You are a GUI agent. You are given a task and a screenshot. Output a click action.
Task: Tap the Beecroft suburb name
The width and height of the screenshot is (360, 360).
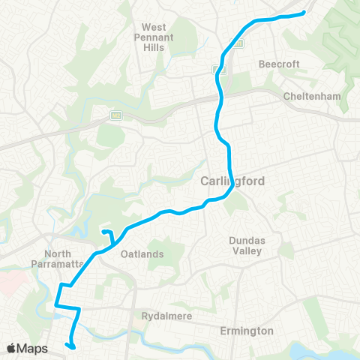coord(279,64)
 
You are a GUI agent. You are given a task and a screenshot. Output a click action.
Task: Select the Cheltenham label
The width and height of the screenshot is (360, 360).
coord(313,97)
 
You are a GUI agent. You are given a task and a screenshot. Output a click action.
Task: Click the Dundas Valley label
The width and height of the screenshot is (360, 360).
coord(246,245)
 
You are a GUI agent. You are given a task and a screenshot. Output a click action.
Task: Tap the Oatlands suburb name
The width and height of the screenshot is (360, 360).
coord(142,254)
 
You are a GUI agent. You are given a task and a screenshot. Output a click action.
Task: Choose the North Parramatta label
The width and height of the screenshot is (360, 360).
coord(68,259)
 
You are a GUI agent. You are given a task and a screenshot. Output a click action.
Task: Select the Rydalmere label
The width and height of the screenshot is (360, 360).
coord(167,316)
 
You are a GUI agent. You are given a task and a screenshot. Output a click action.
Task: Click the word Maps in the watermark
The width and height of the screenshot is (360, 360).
coord(33,348)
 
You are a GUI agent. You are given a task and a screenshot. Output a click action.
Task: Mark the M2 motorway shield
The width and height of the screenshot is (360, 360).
coord(116,115)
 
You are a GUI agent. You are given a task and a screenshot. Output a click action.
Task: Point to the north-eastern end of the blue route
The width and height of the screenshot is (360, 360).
coord(304,12)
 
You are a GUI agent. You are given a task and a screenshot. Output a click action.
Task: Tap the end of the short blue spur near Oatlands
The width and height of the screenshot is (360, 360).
coord(103,232)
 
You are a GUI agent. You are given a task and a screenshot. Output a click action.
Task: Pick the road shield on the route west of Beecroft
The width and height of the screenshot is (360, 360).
coord(219,70)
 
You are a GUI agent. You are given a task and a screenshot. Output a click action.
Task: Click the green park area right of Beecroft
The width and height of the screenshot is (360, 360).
coord(337,45)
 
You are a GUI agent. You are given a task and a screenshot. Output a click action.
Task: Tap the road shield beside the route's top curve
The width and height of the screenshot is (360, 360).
coord(237,43)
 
